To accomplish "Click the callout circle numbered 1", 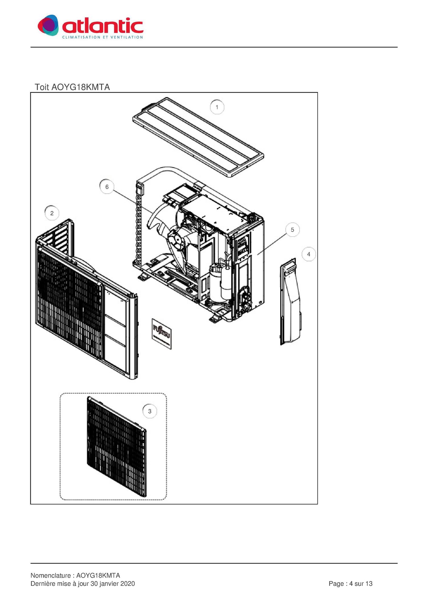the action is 217,107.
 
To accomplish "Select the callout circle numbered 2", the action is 52,213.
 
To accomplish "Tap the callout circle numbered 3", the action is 150,411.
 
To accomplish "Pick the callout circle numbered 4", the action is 309,254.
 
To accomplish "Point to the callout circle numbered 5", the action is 292,230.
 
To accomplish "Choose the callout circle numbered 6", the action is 107,187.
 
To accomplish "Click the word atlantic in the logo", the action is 103,26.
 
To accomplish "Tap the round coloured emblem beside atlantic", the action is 48,25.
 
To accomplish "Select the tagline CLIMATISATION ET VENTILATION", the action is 103,37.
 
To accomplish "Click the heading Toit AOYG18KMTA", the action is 72,87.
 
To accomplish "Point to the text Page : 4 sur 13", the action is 351,584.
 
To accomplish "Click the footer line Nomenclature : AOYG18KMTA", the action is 75,575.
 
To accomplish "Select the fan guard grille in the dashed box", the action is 117,447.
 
